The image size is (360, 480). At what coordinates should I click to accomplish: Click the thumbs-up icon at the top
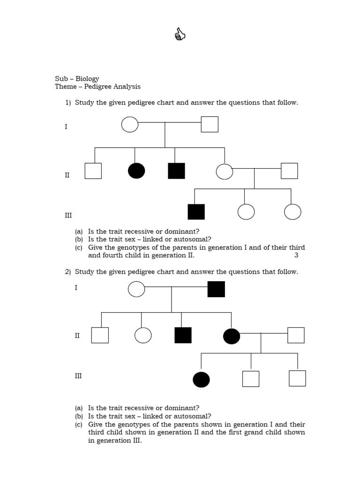[x=180, y=34]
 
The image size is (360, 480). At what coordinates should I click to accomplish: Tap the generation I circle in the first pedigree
[x=130, y=124]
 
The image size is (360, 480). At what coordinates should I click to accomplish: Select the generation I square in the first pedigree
[x=210, y=124]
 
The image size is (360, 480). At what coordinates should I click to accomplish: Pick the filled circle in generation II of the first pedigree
[x=136, y=171]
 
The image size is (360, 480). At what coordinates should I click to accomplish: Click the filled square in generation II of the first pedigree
[x=176, y=171]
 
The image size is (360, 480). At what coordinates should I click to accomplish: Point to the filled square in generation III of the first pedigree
[x=196, y=212]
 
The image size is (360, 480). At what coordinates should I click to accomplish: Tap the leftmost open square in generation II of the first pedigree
[x=93, y=171]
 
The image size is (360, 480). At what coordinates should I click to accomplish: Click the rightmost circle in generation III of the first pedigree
[x=292, y=212]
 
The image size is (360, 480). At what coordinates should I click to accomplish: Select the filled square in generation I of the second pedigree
[x=216, y=289]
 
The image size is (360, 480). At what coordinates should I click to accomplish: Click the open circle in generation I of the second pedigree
[x=136, y=289]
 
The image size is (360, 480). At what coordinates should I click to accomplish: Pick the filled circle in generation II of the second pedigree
[x=232, y=336]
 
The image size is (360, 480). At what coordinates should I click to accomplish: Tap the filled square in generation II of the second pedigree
[x=183, y=335]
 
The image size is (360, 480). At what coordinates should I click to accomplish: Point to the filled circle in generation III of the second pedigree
[x=201, y=379]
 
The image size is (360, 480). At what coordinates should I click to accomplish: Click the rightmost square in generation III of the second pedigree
[x=297, y=378]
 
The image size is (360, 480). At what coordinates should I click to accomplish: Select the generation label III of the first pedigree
[x=68, y=216]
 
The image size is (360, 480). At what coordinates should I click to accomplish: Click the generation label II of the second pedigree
[x=77, y=336]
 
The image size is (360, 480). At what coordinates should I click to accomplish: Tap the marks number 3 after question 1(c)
[x=296, y=255]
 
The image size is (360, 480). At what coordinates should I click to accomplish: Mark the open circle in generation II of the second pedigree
[x=143, y=335]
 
